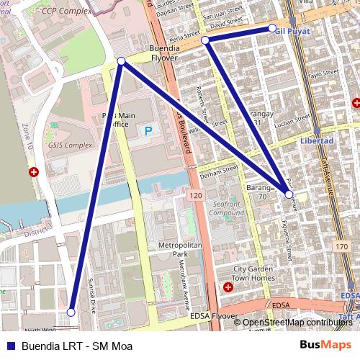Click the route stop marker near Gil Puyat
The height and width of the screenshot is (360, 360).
[x=273, y=28]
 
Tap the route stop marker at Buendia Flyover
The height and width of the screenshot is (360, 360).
[x=122, y=62]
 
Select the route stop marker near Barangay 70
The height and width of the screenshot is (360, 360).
[x=289, y=194]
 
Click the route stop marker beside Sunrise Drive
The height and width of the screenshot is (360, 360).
[x=71, y=312]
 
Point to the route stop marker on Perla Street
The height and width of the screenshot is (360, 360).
[x=205, y=40]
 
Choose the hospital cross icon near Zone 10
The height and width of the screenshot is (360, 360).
[x=34, y=173]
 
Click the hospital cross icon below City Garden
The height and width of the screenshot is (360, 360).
[x=228, y=287]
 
